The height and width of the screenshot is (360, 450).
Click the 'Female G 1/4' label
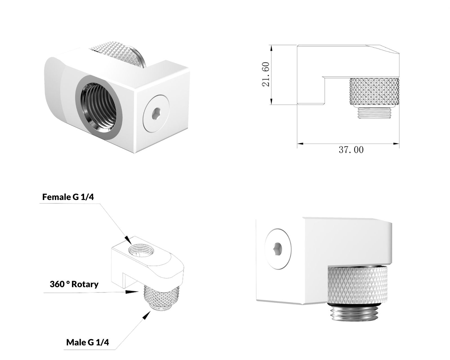pyautogui.click(x=68, y=197)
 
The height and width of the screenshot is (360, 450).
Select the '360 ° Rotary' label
pyautogui.click(x=74, y=284)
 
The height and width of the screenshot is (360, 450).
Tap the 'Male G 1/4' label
pyautogui.click(x=87, y=342)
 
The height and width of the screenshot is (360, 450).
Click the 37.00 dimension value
pyautogui.click(x=351, y=150)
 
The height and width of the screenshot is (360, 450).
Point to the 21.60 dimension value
pyautogui.click(x=266, y=74)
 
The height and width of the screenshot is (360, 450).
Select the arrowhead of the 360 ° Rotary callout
pyautogui.click(x=132, y=292)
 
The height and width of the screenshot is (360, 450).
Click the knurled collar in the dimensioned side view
pyautogui.click(x=374, y=92)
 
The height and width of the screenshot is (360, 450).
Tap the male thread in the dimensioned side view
pyautogui.click(x=374, y=113)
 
